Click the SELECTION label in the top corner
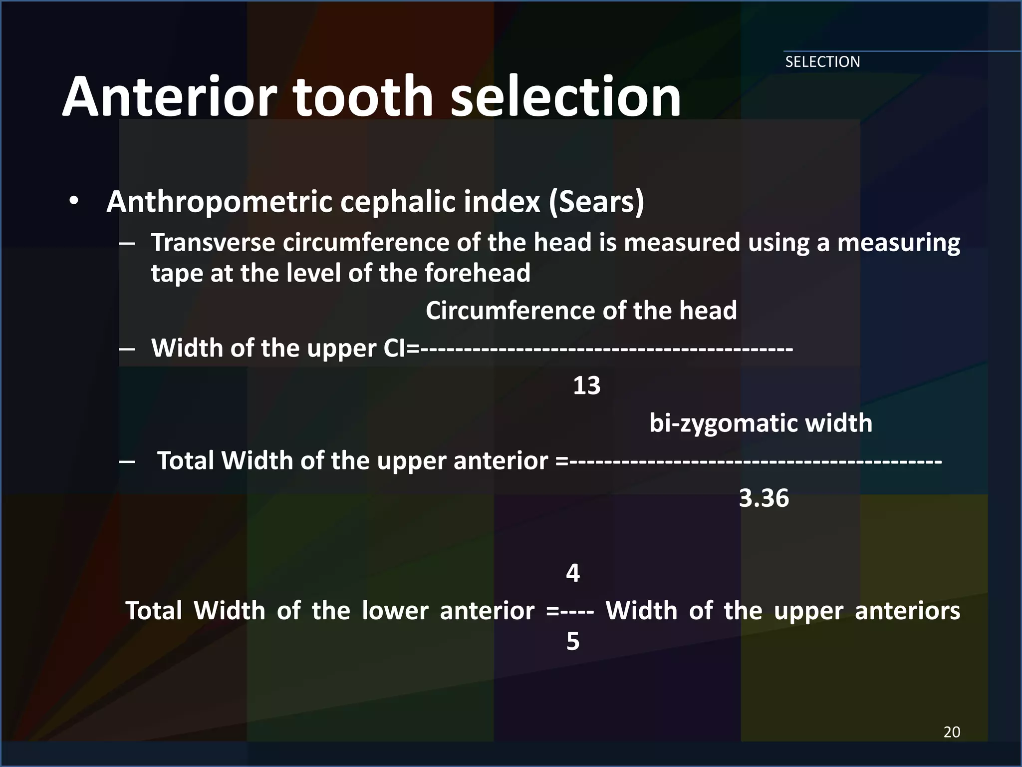click(822, 62)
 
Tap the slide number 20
click(952, 732)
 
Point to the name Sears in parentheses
click(596, 202)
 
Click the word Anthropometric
click(220, 202)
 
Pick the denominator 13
click(586, 385)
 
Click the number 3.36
click(764, 498)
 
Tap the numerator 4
click(573, 573)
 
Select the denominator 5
click(573, 641)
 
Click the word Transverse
click(213, 243)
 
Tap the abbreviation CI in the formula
click(395, 348)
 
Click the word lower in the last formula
click(395, 611)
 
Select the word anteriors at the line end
click(907, 611)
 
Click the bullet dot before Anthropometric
click(74, 202)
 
